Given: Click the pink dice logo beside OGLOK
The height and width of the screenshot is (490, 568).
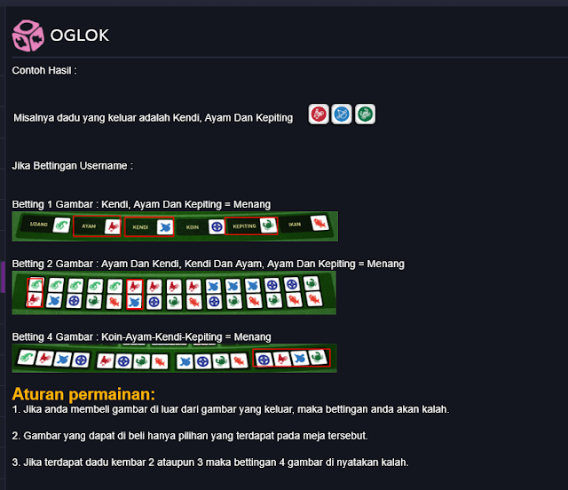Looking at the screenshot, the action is tap(27, 36).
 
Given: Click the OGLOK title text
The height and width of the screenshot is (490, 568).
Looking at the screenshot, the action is tap(80, 36).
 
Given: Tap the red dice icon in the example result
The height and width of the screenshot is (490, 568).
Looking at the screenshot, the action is tap(319, 115).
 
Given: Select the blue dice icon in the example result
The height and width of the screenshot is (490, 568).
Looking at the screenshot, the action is tap(342, 115).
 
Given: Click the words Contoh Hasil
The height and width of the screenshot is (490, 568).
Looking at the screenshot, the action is tap(44, 70).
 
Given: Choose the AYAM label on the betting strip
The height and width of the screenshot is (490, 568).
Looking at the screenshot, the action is tap(88, 226).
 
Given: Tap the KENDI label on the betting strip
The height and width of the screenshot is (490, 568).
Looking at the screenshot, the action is tap(139, 226).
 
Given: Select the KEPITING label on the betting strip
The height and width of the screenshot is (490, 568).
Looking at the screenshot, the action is tap(244, 226).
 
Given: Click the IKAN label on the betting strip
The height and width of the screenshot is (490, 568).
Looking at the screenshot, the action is tap(295, 226).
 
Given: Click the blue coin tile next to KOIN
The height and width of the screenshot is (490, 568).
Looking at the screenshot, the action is tap(215, 226).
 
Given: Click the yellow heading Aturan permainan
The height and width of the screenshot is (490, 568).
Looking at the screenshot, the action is tap(83, 393).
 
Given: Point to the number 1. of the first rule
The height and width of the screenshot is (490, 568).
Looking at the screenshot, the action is tap(16, 409).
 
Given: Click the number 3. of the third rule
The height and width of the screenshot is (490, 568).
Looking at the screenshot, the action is tap(16, 462).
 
